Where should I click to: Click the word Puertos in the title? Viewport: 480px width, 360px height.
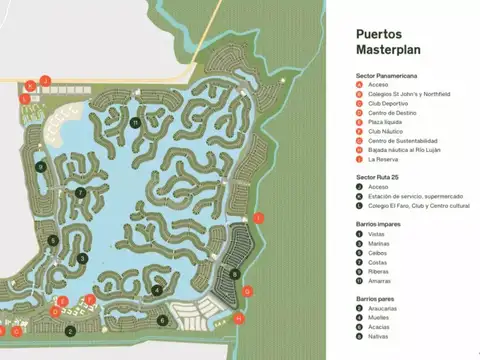[x=378, y=32]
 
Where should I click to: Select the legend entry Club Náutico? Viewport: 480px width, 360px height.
[x=385, y=131]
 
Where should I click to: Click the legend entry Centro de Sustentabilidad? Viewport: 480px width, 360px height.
[x=402, y=141]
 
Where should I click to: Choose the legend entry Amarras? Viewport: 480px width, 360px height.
[x=381, y=281]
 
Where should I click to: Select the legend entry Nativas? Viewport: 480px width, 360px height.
[x=380, y=337]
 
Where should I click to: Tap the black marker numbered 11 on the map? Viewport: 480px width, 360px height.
[x=134, y=123]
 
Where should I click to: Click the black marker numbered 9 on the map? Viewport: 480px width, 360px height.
[x=40, y=167]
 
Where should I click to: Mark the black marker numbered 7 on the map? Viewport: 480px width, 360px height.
[x=79, y=192]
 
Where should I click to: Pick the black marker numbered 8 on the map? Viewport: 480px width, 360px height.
[x=233, y=273]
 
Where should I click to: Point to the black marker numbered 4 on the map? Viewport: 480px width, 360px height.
[x=157, y=291]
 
